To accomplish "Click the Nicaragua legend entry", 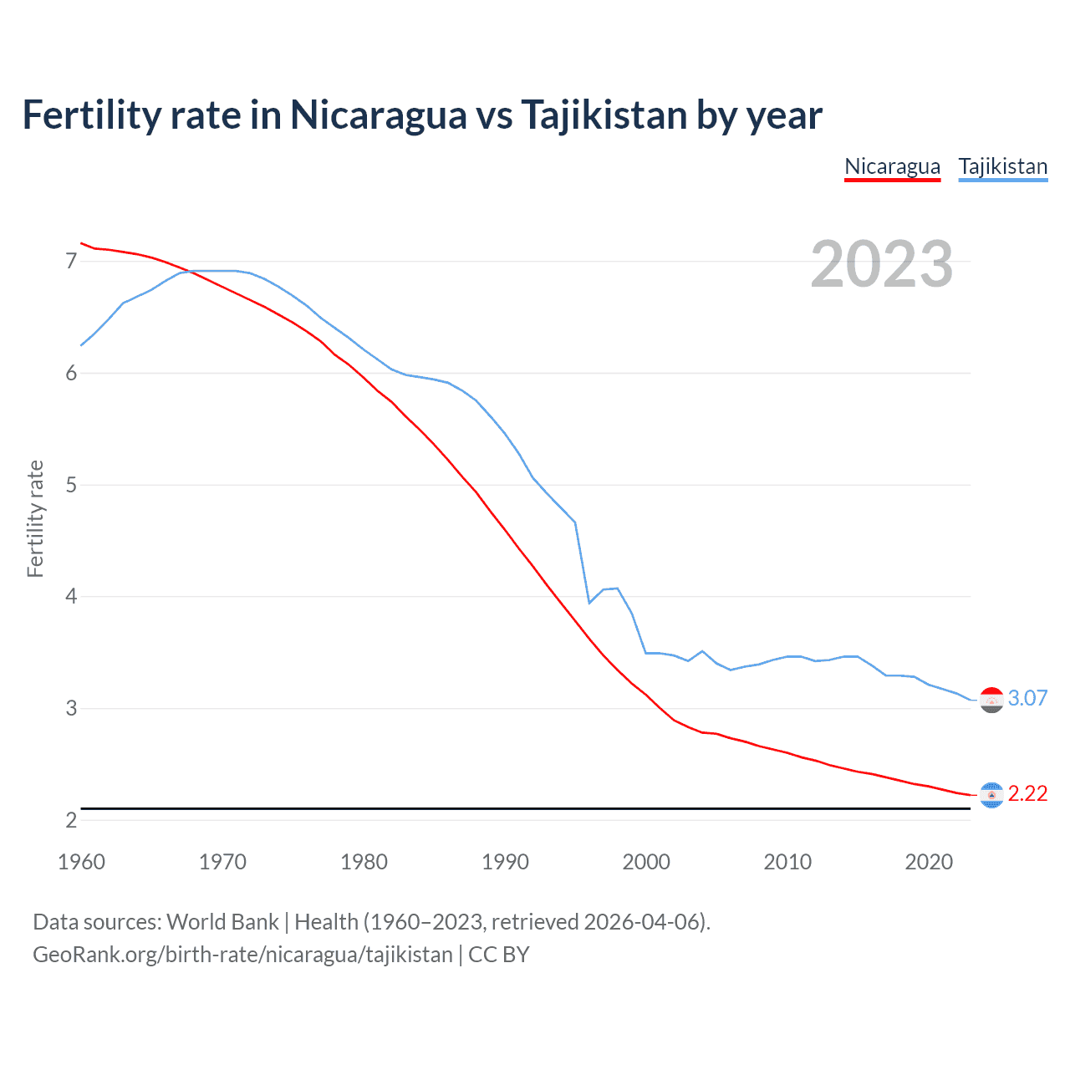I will coord(892,166).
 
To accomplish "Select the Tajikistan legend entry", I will coord(1002,166).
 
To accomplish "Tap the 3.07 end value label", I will coord(1027,698).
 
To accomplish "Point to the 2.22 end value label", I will coord(1027,793).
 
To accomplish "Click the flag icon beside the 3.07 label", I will coord(991,700).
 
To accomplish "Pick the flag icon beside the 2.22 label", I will coord(991,795).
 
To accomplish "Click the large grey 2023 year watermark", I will coord(882,265).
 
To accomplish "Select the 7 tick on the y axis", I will coord(71,262).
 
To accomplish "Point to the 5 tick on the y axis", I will coord(71,485).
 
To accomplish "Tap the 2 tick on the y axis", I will coord(71,820).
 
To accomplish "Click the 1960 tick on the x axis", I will coord(81,862).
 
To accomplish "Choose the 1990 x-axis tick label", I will coord(505,862).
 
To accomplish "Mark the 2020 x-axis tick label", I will coord(929,862).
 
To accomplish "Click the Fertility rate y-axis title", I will coord(35,518).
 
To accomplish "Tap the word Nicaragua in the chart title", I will coord(378,115).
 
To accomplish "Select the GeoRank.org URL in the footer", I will coord(242,955).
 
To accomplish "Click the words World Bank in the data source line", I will coord(222,922).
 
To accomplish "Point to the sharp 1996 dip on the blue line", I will coord(589,602).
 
